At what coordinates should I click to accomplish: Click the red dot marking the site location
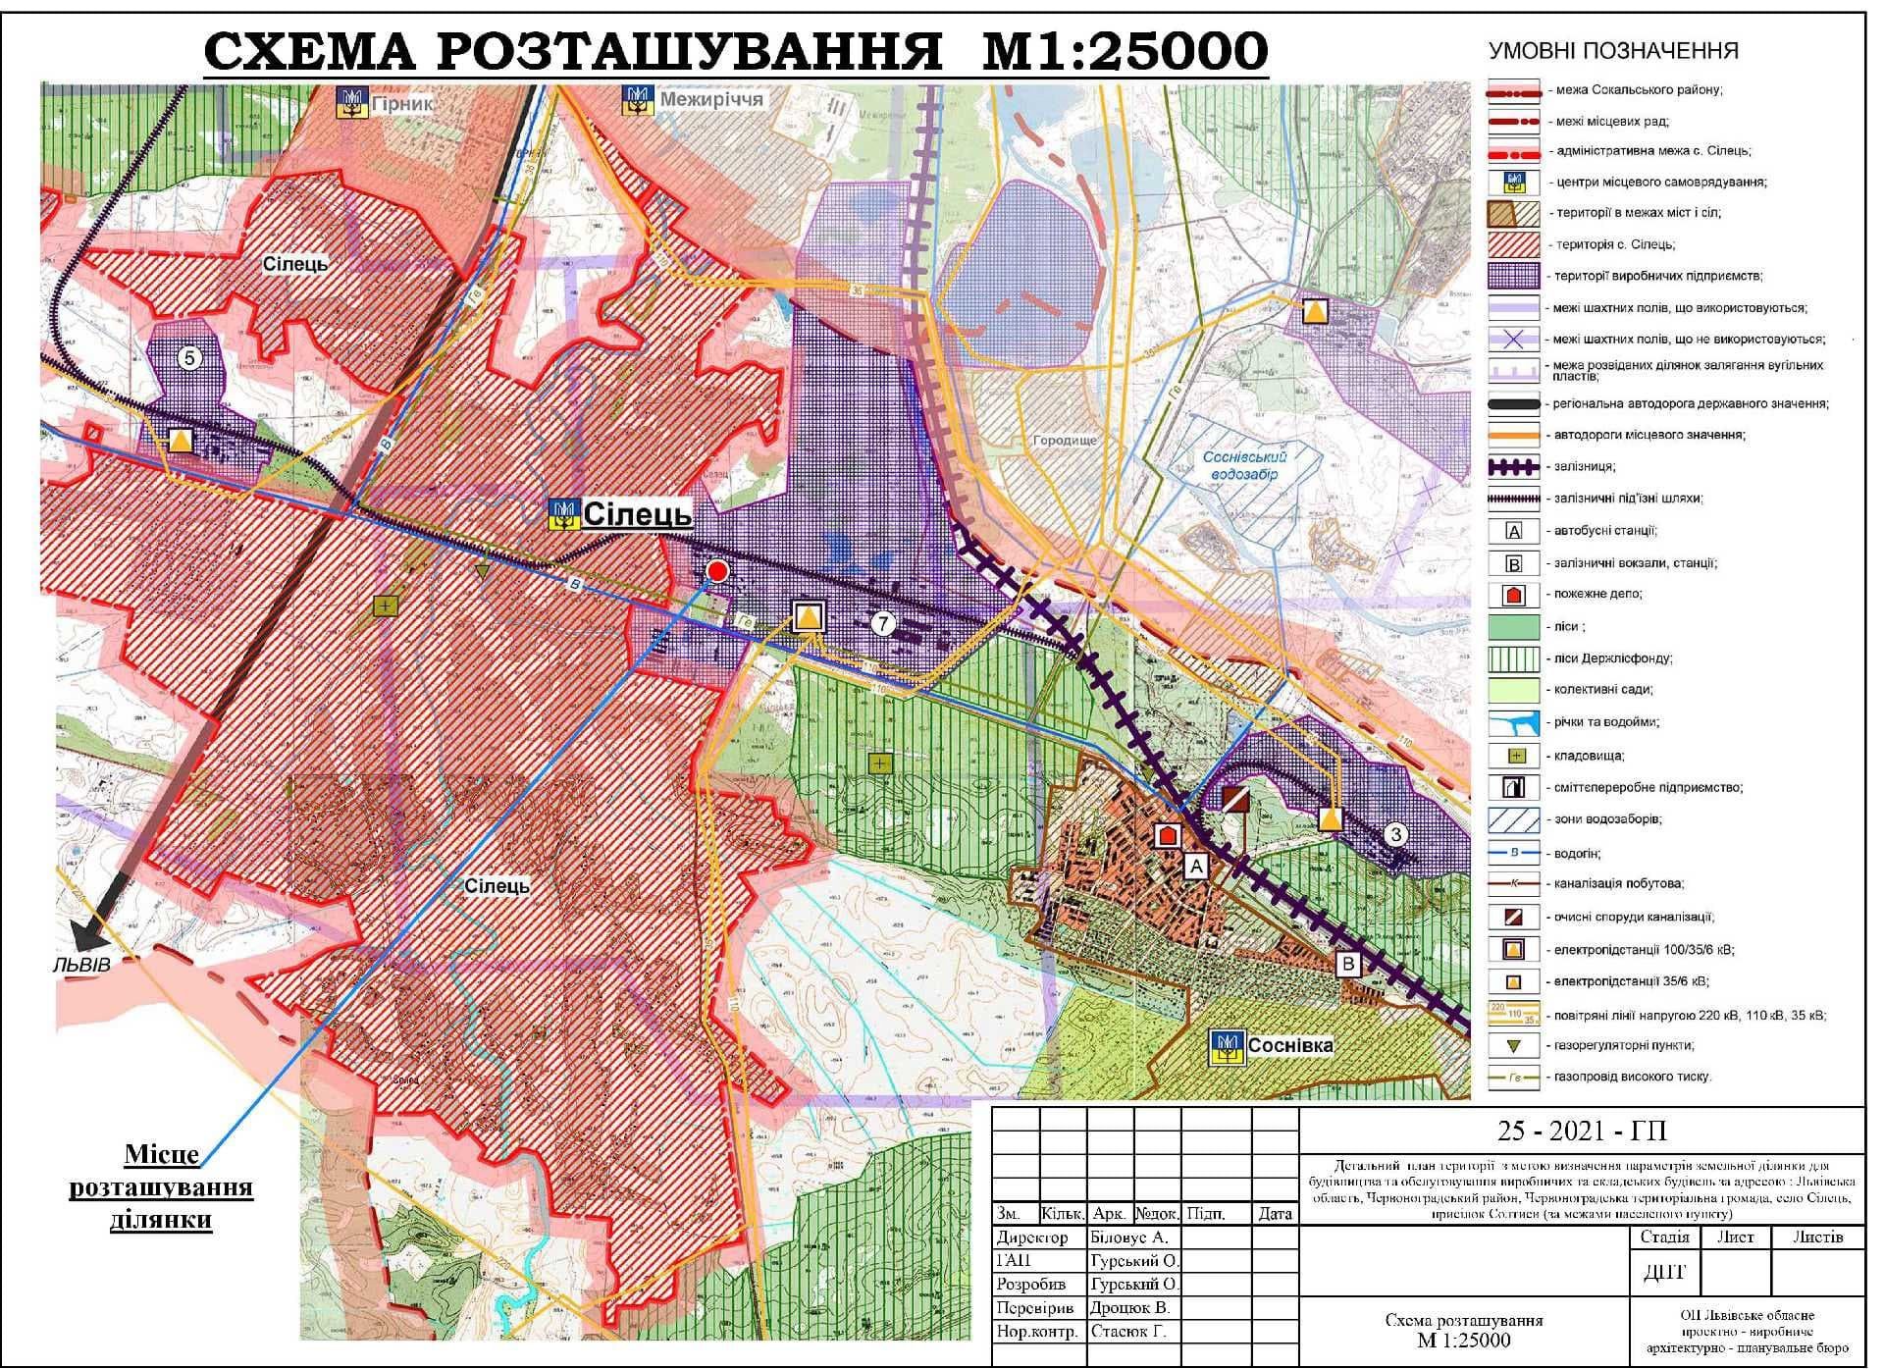[717, 571]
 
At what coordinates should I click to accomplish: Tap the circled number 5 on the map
[190, 357]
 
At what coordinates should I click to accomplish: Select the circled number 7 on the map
[883, 623]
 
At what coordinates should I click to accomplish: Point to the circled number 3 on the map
[1395, 835]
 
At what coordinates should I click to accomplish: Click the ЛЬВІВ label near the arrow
[81, 964]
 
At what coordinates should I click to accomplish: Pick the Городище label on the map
[1064, 441]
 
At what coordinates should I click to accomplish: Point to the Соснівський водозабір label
[1243, 465]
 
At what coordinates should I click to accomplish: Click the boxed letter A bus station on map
[1195, 866]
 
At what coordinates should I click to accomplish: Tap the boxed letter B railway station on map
[1348, 964]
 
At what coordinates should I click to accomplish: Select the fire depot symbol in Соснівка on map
[1167, 835]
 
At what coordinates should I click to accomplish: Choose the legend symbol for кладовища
[1515, 756]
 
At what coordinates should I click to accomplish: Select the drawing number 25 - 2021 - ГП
[1581, 1132]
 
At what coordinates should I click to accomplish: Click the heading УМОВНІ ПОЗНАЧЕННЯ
[1612, 51]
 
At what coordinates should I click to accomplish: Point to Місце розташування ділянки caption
[162, 1186]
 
